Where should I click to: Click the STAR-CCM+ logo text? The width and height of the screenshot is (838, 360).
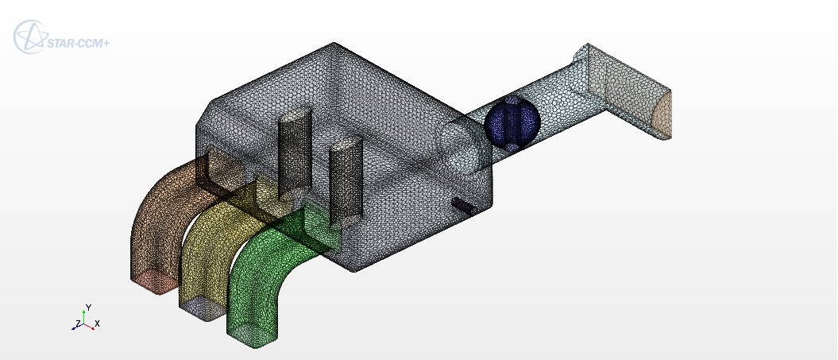[78, 44]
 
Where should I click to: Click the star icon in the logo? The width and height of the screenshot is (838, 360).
[31, 37]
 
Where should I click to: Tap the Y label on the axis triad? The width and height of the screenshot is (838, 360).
[89, 308]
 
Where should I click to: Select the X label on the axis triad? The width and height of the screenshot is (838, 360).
[97, 323]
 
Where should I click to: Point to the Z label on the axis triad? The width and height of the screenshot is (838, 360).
[78, 323]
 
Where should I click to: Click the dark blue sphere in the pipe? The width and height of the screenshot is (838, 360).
[512, 123]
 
